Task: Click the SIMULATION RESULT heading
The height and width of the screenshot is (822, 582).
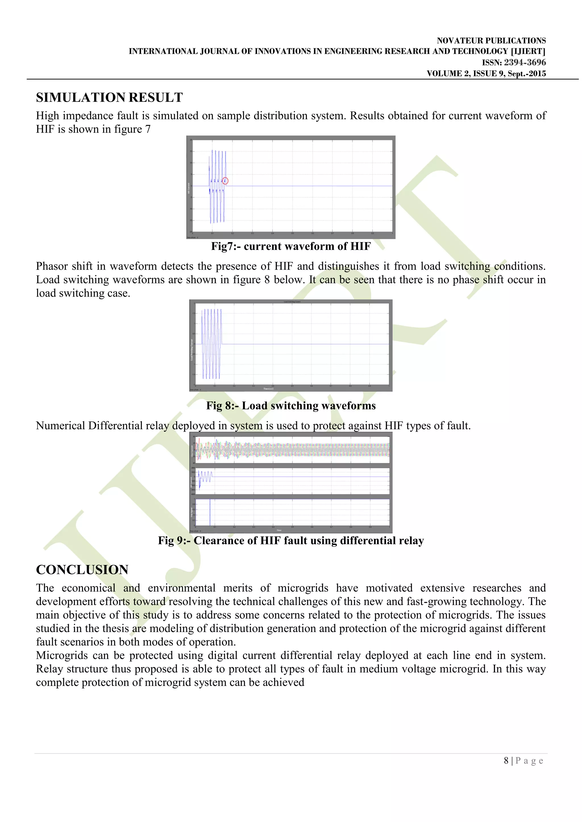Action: pyautogui.click(x=109, y=97)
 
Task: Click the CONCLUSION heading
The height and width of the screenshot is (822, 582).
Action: pyautogui.click(x=82, y=570)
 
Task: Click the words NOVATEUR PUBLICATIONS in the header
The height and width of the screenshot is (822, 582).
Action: pyautogui.click(x=491, y=40)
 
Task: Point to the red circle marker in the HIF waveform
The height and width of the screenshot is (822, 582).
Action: pyautogui.click(x=225, y=181)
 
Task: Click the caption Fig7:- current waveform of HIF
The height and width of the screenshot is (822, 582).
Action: pyautogui.click(x=291, y=246)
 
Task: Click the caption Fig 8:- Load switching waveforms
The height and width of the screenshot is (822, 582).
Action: pyautogui.click(x=291, y=406)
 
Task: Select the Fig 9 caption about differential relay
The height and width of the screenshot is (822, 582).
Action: pyautogui.click(x=291, y=540)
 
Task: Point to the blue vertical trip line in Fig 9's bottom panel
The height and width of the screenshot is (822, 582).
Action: pyautogui.click(x=210, y=512)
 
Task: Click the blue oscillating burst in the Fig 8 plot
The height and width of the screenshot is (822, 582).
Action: pyautogui.click(x=212, y=344)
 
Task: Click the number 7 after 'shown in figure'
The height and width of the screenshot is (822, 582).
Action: pyautogui.click(x=148, y=129)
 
